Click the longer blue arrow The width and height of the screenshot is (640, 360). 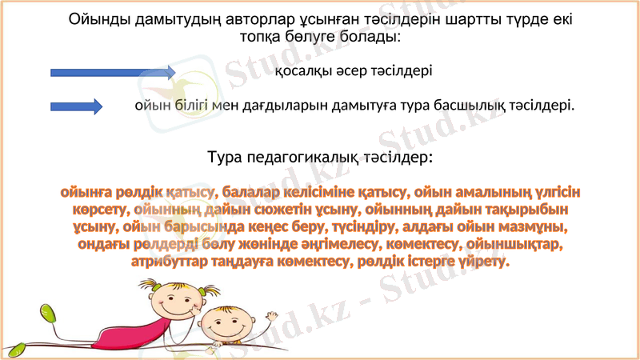pyautogui.click(x=113, y=73)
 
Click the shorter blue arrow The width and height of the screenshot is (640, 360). pyautogui.click(x=76, y=106)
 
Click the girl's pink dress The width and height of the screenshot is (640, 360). pyautogui.click(x=140, y=332)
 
